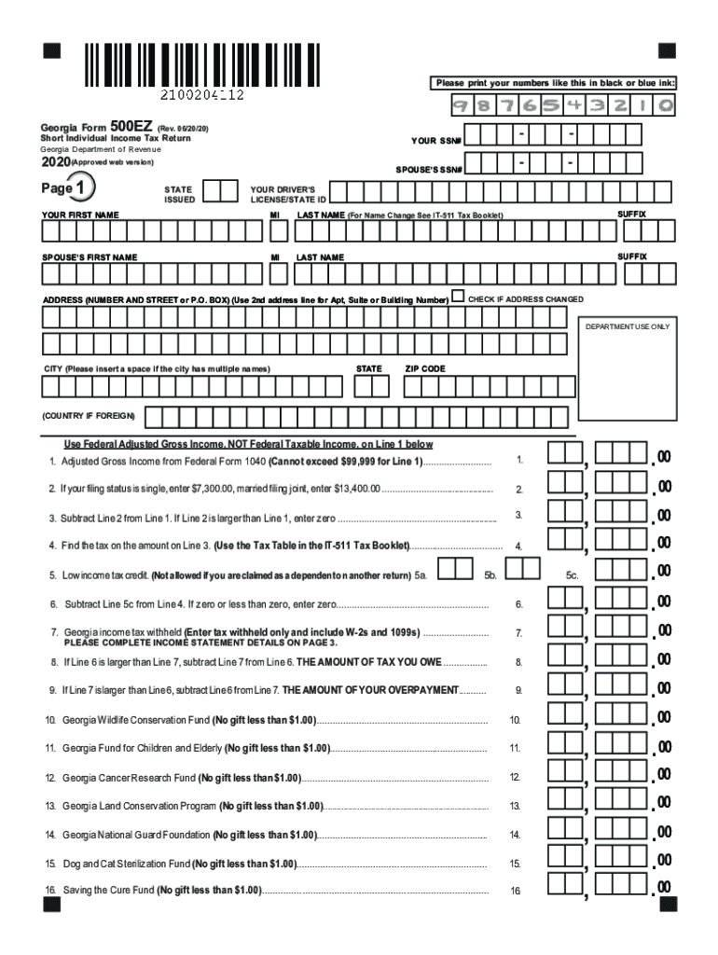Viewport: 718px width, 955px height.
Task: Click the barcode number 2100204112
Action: click(x=202, y=94)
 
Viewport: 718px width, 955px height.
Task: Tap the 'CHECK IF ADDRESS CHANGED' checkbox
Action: click(x=457, y=298)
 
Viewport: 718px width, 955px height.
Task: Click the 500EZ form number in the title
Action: click(x=128, y=125)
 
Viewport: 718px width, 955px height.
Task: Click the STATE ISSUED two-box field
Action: click(x=220, y=191)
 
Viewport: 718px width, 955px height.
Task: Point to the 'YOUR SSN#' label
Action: click(x=437, y=142)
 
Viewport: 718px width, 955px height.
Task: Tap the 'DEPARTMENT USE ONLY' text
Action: click(x=627, y=327)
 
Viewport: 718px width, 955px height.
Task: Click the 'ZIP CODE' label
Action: click(x=425, y=369)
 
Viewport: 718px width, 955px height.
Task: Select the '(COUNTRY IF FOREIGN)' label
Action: click(x=89, y=415)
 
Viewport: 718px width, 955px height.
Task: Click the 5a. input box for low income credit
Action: click(x=454, y=569)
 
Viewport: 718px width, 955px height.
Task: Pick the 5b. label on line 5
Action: click(x=490, y=575)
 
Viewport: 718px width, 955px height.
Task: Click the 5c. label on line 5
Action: click(x=573, y=575)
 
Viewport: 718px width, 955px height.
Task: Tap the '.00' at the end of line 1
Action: click(x=663, y=456)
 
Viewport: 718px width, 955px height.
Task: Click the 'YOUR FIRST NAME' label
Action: click(x=80, y=215)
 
